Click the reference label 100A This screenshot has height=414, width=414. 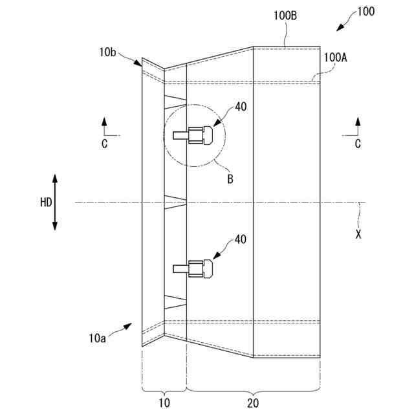(x=336, y=58)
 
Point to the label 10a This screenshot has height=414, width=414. (x=97, y=337)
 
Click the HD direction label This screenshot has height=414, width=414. (x=46, y=202)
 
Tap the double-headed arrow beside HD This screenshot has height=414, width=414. (x=55, y=202)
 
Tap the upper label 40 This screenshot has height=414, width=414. (x=241, y=107)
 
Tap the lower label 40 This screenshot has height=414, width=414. (x=241, y=239)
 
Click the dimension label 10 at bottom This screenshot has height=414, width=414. (x=164, y=403)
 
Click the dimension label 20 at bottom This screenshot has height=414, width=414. (x=253, y=403)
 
